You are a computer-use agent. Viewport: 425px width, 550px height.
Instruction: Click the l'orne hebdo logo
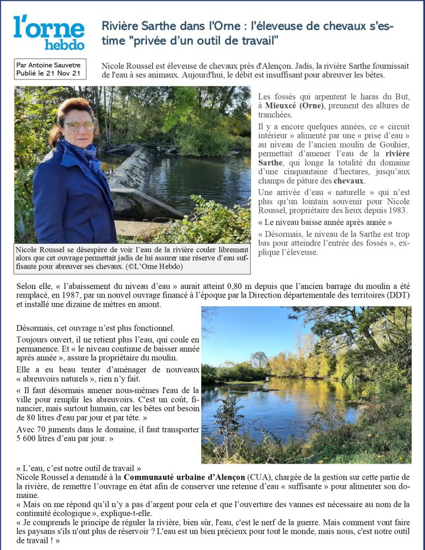[49, 33]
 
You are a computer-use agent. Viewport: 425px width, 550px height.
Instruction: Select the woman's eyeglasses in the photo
[80, 126]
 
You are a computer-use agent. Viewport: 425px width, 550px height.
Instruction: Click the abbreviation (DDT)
[398, 296]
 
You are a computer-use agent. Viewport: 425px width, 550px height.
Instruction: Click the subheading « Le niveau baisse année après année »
[325, 222]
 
